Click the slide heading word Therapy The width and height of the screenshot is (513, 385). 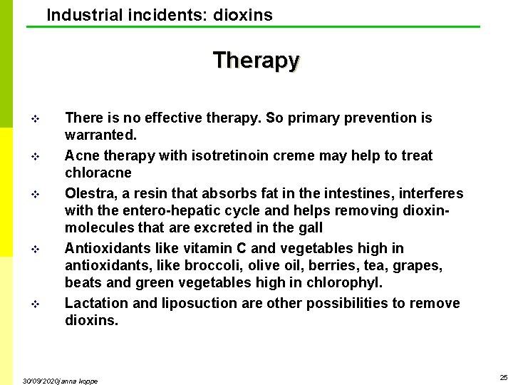tap(256, 60)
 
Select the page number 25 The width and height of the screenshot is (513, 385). tap(503, 377)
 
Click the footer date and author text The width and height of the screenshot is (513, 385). tap(60, 381)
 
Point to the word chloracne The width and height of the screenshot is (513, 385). tap(98, 173)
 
